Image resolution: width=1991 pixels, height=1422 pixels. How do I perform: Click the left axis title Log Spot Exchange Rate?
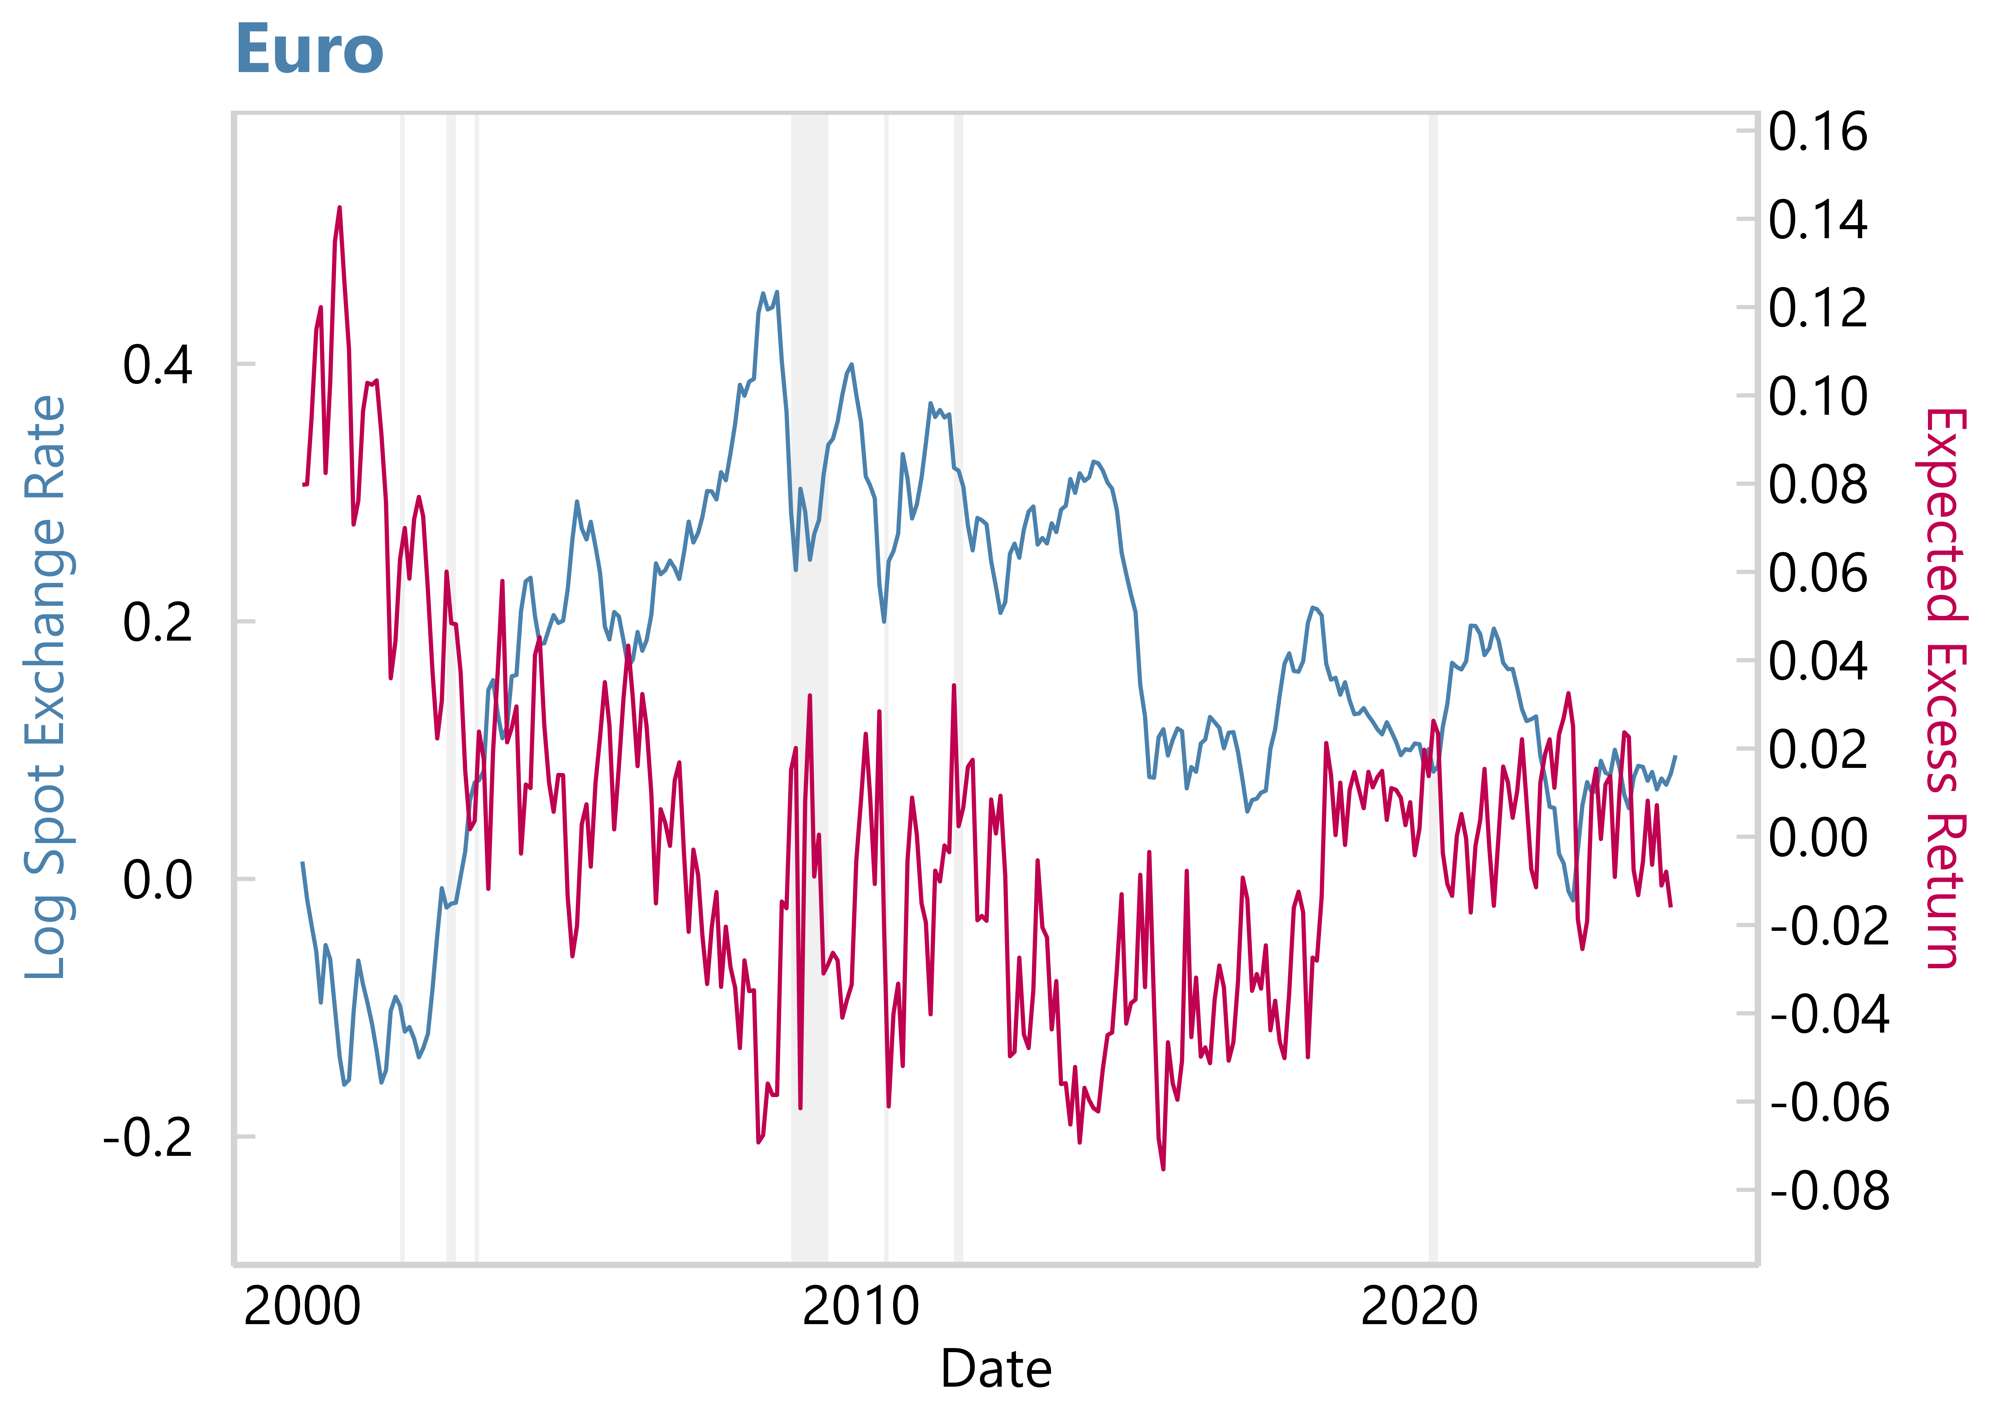[x=46, y=687]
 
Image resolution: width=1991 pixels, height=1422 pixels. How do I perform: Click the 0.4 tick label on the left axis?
[x=158, y=365]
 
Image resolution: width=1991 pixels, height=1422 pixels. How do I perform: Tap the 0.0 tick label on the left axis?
[x=158, y=880]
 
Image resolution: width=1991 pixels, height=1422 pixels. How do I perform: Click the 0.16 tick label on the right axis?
[x=1818, y=132]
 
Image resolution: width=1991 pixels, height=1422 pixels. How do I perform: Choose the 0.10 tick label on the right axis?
[x=1818, y=397]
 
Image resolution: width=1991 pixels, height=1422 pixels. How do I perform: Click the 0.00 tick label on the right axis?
[x=1818, y=838]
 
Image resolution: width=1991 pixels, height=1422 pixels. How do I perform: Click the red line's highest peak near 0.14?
[x=340, y=208]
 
